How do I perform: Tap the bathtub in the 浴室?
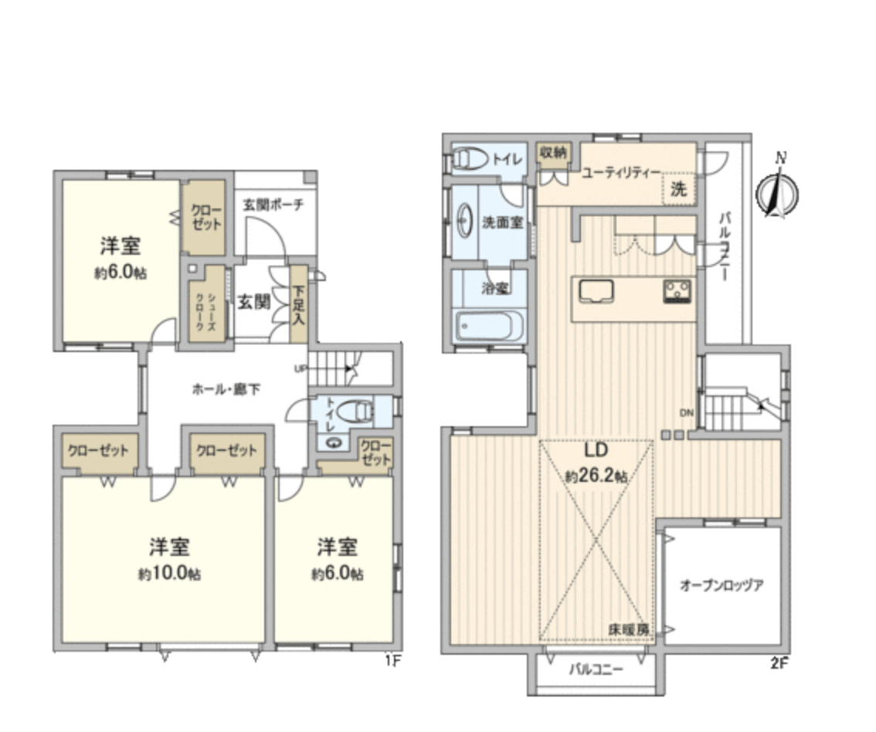pos(490,326)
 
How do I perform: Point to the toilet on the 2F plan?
pos(471,158)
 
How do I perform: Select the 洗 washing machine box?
pos(678,190)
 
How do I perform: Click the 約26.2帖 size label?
pos(596,476)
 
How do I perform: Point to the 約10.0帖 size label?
pos(169,574)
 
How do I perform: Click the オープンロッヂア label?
pos(722,585)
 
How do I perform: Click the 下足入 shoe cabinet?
pos(298,305)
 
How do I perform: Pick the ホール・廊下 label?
pos(226,389)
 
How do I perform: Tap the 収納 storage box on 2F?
pos(553,152)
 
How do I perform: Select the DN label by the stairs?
pos(686,412)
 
